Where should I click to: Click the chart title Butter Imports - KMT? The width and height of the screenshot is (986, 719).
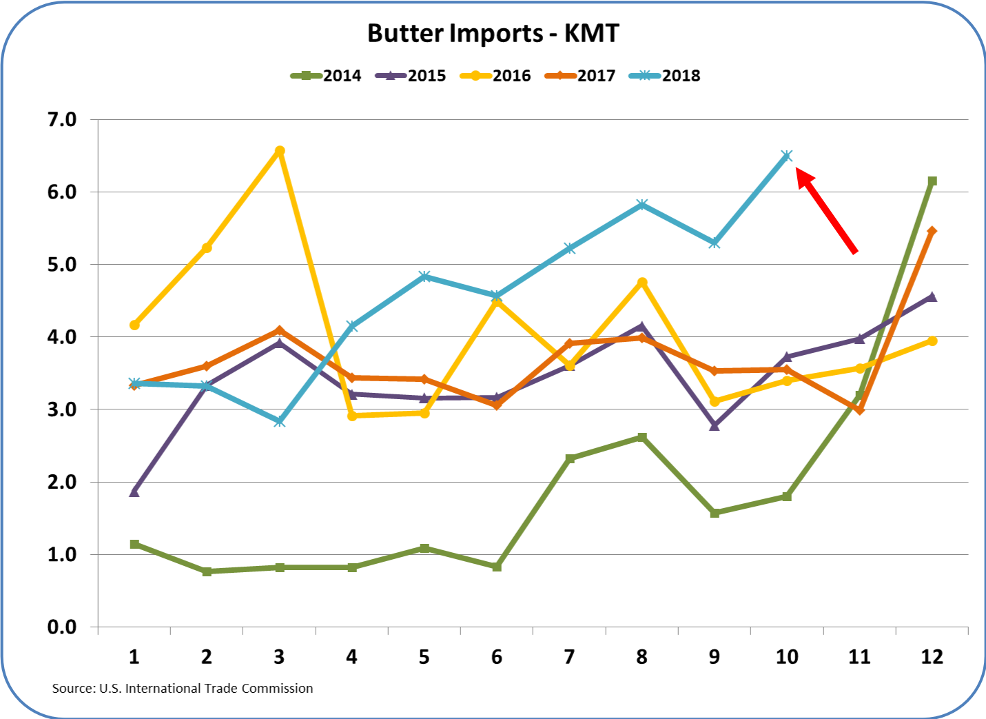(x=493, y=34)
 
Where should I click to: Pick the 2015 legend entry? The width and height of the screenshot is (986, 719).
(x=411, y=76)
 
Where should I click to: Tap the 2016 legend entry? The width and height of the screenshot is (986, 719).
(x=496, y=76)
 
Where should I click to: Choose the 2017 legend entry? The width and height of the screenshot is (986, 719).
(x=581, y=76)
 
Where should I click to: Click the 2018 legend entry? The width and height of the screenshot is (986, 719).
(x=666, y=76)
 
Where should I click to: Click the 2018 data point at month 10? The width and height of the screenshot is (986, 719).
(x=787, y=156)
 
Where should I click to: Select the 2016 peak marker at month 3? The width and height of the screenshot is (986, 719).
(x=280, y=151)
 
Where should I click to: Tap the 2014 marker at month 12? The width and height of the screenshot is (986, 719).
(x=932, y=181)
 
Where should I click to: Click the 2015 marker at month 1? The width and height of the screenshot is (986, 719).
(x=134, y=492)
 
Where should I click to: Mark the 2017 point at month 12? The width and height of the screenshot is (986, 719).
(x=932, y=232)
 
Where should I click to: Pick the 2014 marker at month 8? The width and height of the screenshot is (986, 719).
(x=642, y=437)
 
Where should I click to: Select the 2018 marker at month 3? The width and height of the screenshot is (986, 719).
(x=280, y=421)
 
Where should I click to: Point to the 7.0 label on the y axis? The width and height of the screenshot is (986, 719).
(x=62, y=120)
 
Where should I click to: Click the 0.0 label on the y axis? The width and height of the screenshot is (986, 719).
(x=62, y=627)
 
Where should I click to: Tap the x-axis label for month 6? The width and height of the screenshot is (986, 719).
(x=497, y=657)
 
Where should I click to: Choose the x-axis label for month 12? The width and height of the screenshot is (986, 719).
(x=932, y=657)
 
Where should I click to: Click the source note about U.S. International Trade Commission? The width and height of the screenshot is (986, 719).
(x=183, y=688)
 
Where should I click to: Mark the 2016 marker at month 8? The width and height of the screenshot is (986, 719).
(x=642, y=283)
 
